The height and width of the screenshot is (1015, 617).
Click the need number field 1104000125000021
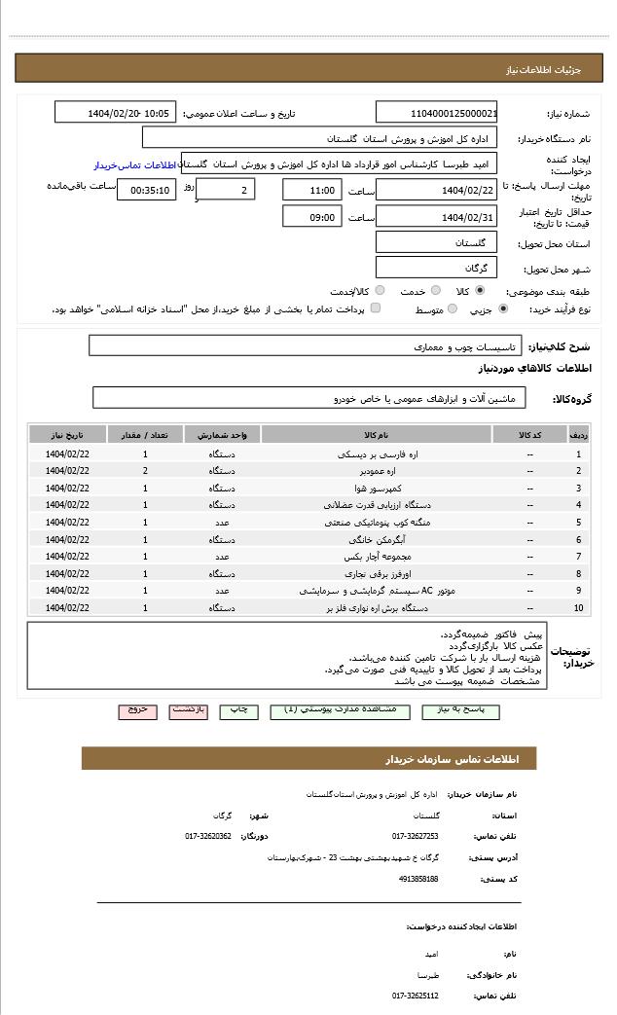[436, 113]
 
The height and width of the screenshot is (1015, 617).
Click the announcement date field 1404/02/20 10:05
[115, 113]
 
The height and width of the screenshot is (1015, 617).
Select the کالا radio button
[480, 291]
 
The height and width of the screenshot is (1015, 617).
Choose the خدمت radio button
[435, 291]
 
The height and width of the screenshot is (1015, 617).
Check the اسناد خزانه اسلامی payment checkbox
[376, 309]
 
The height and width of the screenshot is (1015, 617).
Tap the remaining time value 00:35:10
[147, 191]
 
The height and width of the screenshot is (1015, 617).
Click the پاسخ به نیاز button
[460, 710]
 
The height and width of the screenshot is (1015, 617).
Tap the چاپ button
[238, 710]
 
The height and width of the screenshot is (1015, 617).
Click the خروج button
[137, 710]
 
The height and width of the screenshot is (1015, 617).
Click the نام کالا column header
[377, 435]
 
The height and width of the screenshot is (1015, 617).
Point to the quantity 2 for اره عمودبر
[145, 471]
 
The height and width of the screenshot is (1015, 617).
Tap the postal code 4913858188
[418, 879]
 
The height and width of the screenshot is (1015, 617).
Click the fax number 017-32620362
[208, 836]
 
